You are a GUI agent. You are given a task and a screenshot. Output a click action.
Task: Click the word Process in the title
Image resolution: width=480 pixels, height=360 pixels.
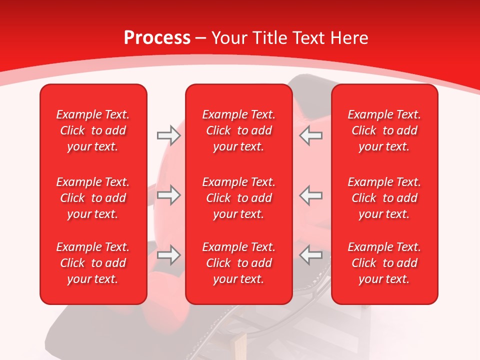(x=157, y=38)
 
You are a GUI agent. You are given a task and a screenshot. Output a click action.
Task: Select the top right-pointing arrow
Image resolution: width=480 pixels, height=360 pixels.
(x=168, y=135)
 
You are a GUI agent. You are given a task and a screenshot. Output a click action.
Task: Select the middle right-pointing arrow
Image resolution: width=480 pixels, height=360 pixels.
(x=168, y=195)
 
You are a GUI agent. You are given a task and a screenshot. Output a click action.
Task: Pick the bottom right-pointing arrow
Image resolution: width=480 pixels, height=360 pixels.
(x=168, y=255)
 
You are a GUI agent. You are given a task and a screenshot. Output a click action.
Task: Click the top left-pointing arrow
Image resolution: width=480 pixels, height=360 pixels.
(x=311, y=135)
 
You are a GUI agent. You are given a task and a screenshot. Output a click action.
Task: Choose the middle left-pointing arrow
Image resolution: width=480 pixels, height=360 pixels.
(x=311, y=195)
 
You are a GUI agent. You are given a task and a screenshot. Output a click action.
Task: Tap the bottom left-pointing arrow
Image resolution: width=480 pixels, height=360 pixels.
(x=311, y=255)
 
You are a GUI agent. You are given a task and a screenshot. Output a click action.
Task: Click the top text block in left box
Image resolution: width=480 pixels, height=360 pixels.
(x=93, y=130)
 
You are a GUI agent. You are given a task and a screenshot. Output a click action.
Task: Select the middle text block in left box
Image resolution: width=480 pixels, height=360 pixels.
(x=93, y=198)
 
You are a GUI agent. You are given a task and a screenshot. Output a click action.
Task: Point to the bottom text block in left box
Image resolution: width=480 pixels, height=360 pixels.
(x=93, y=263)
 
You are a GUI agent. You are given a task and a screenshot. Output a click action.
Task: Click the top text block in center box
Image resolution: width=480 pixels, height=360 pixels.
(x=238, y=130)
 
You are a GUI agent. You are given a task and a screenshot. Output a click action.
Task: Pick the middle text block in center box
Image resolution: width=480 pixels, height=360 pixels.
(x=238, y=198)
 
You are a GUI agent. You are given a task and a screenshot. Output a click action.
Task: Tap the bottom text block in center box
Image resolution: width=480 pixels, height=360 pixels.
(x=238, y=263)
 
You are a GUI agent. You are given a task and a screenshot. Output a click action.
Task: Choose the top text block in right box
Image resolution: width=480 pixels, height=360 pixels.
(x=384, y=130)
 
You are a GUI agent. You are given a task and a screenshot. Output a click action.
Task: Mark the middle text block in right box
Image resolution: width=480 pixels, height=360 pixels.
(x=384, y=198)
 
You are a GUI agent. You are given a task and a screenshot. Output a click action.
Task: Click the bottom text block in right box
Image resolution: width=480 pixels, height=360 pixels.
(x=384, y=263)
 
